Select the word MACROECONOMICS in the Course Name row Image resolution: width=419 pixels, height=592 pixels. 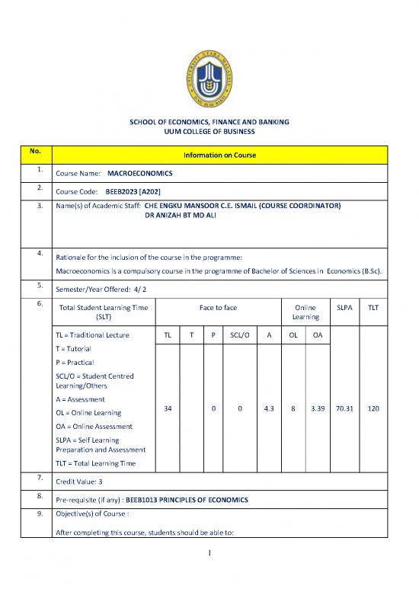[140, 174]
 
